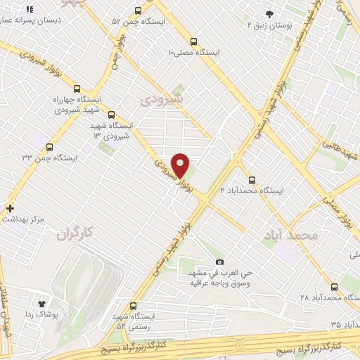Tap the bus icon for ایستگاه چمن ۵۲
coord(137,11)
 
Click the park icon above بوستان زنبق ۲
coord(270,14)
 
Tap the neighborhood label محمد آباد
coord(290,234)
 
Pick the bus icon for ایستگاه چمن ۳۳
coord(49,148)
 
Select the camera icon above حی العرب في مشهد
coord(219,262)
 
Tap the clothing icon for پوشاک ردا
coord(41,303)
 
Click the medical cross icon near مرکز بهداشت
coord(10,208)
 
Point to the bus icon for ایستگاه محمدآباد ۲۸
coord(333,287)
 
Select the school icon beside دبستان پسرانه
coord(30,10)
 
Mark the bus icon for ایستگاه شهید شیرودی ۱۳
coord(112,114)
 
